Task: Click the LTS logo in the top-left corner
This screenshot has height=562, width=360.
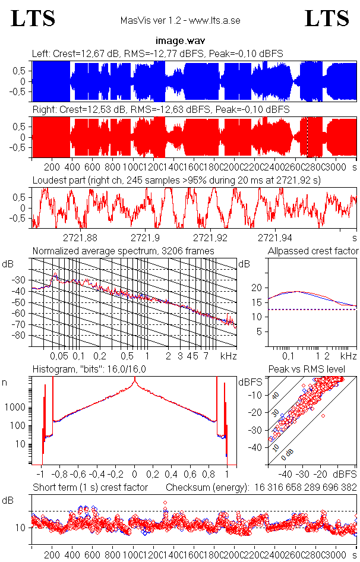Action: pos(33,18)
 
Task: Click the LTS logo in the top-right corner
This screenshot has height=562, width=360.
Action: pos(327,18)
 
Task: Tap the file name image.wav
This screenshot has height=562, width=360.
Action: pos(179,41)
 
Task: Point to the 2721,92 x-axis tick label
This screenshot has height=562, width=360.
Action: pos(211,238)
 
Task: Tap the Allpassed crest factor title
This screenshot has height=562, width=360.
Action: pos(313,251)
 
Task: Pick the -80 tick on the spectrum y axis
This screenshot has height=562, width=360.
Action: pos(21,336)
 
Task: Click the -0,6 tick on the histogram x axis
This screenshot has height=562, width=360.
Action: pos(79,475)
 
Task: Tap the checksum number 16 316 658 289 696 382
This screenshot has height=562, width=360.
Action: pos(305,488)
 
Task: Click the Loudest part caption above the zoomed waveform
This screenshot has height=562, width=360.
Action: pos(176,179)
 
